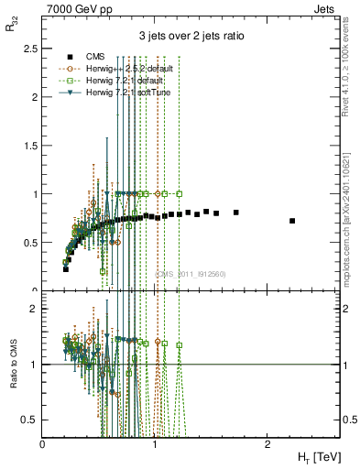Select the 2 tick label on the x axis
click(x=267, y=442)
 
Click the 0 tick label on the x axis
click(x=43, y=442)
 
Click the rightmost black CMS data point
click(x=292, y=221)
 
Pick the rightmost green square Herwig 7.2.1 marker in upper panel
click(x=180, y=193)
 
